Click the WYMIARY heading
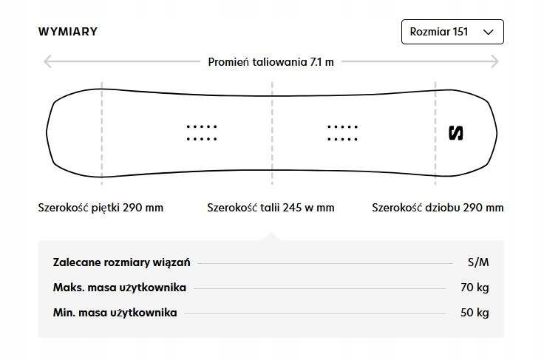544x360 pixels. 68,32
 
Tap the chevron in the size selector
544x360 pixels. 488,32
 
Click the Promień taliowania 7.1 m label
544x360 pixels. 271,61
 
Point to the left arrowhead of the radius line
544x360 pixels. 47,61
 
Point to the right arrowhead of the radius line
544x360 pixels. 500,61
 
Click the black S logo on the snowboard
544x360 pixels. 456,133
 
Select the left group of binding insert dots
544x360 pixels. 201,132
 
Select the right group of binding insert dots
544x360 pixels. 342,132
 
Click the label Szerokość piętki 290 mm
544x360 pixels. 101,208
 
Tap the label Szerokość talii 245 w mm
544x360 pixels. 271,208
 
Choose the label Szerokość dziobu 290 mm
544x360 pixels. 438,208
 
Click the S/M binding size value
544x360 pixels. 478,262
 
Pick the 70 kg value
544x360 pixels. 475,288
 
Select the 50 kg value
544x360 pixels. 475,313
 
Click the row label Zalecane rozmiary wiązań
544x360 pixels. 122,262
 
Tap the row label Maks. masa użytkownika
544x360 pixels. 119,288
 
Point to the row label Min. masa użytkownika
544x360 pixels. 115,313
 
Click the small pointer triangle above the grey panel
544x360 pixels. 271,237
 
